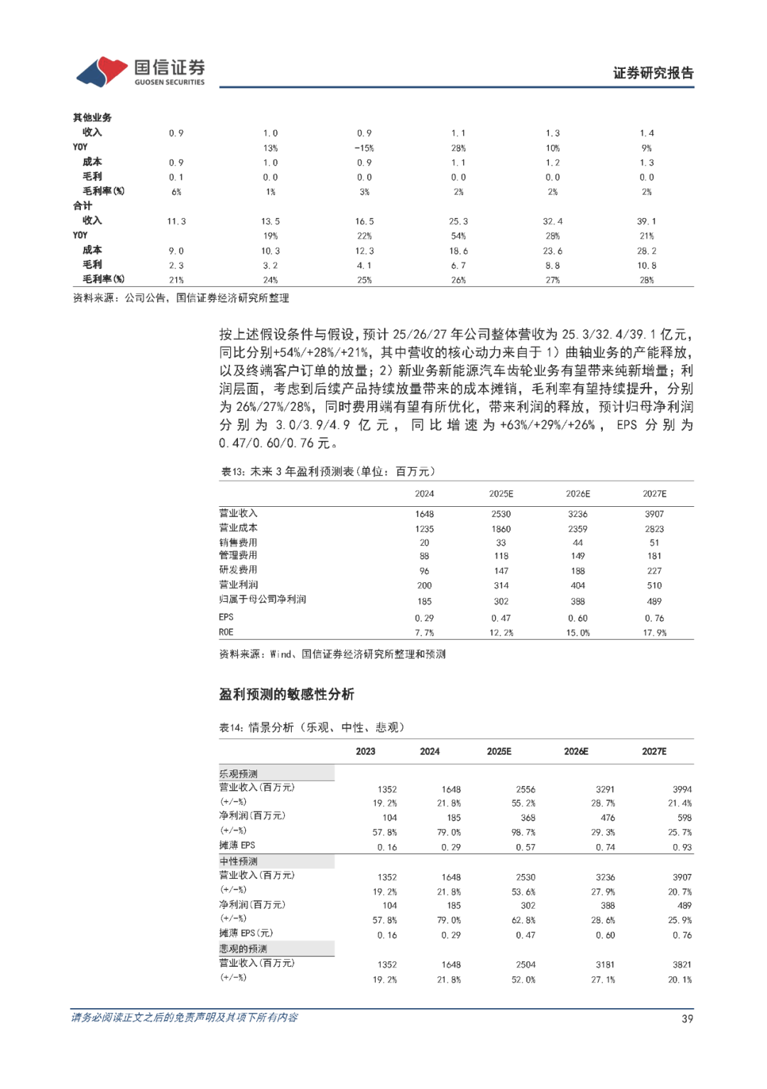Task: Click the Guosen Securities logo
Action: point(141,72)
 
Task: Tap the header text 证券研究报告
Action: point(653,73)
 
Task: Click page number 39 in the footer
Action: point(687,1019)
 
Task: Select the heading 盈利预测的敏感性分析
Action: point(286,694)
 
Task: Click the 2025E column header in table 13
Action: point(501,494)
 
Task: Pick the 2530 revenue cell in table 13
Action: point(501,514)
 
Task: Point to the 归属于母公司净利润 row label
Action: point(262,600)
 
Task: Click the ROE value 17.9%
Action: point(655,633)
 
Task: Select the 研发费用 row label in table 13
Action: point(238,570)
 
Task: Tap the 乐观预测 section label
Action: point(238,774)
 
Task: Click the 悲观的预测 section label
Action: point(243,949)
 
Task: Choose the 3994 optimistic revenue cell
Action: point(682,789)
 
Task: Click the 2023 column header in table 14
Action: point(365,751)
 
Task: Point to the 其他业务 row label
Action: point(92,118)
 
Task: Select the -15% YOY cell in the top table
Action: point(364,148)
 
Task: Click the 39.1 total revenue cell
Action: point(646,221)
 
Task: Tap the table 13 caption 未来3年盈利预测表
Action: point(328,471)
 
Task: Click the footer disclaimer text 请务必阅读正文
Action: point(184,1017)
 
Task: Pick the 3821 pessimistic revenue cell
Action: point(682,965)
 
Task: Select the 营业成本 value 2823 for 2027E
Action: point(654,529)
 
